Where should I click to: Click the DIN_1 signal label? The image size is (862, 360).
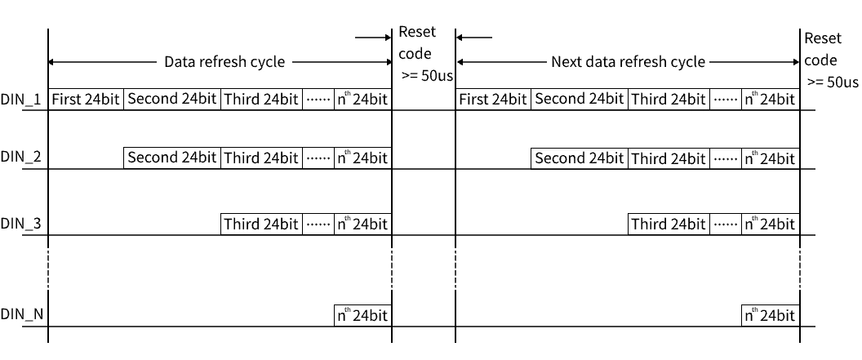point(21,100)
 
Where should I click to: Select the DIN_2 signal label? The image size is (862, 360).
point(21,158)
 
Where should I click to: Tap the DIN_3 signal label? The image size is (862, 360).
point(21,224)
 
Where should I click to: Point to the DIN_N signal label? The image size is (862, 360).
point(21,315)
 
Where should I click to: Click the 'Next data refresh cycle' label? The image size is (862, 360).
point(628,62)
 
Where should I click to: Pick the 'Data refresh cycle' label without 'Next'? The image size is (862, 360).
point(224,62)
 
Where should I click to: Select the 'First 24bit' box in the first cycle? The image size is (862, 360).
point(86,100)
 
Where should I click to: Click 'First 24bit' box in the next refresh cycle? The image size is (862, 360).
point(493,100)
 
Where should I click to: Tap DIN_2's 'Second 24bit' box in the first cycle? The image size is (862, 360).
point(172,158)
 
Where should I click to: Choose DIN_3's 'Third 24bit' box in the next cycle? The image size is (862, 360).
point(669,224)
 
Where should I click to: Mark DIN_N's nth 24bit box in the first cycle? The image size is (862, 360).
point(362,315)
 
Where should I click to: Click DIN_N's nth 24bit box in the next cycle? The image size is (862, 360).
point(771,315)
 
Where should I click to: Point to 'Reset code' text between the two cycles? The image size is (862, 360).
point(416,42)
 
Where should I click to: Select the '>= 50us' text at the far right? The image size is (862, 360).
point(833,82)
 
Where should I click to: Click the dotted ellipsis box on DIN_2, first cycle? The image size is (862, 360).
point(318,158)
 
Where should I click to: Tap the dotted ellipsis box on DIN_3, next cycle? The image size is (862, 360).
point(726,224)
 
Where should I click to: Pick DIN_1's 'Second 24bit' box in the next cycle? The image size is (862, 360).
point(580,100)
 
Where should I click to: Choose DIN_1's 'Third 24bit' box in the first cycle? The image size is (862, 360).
point(262,100)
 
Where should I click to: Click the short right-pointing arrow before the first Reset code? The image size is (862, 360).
point(373,38)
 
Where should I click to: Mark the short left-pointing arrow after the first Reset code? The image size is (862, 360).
point(474,38)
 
